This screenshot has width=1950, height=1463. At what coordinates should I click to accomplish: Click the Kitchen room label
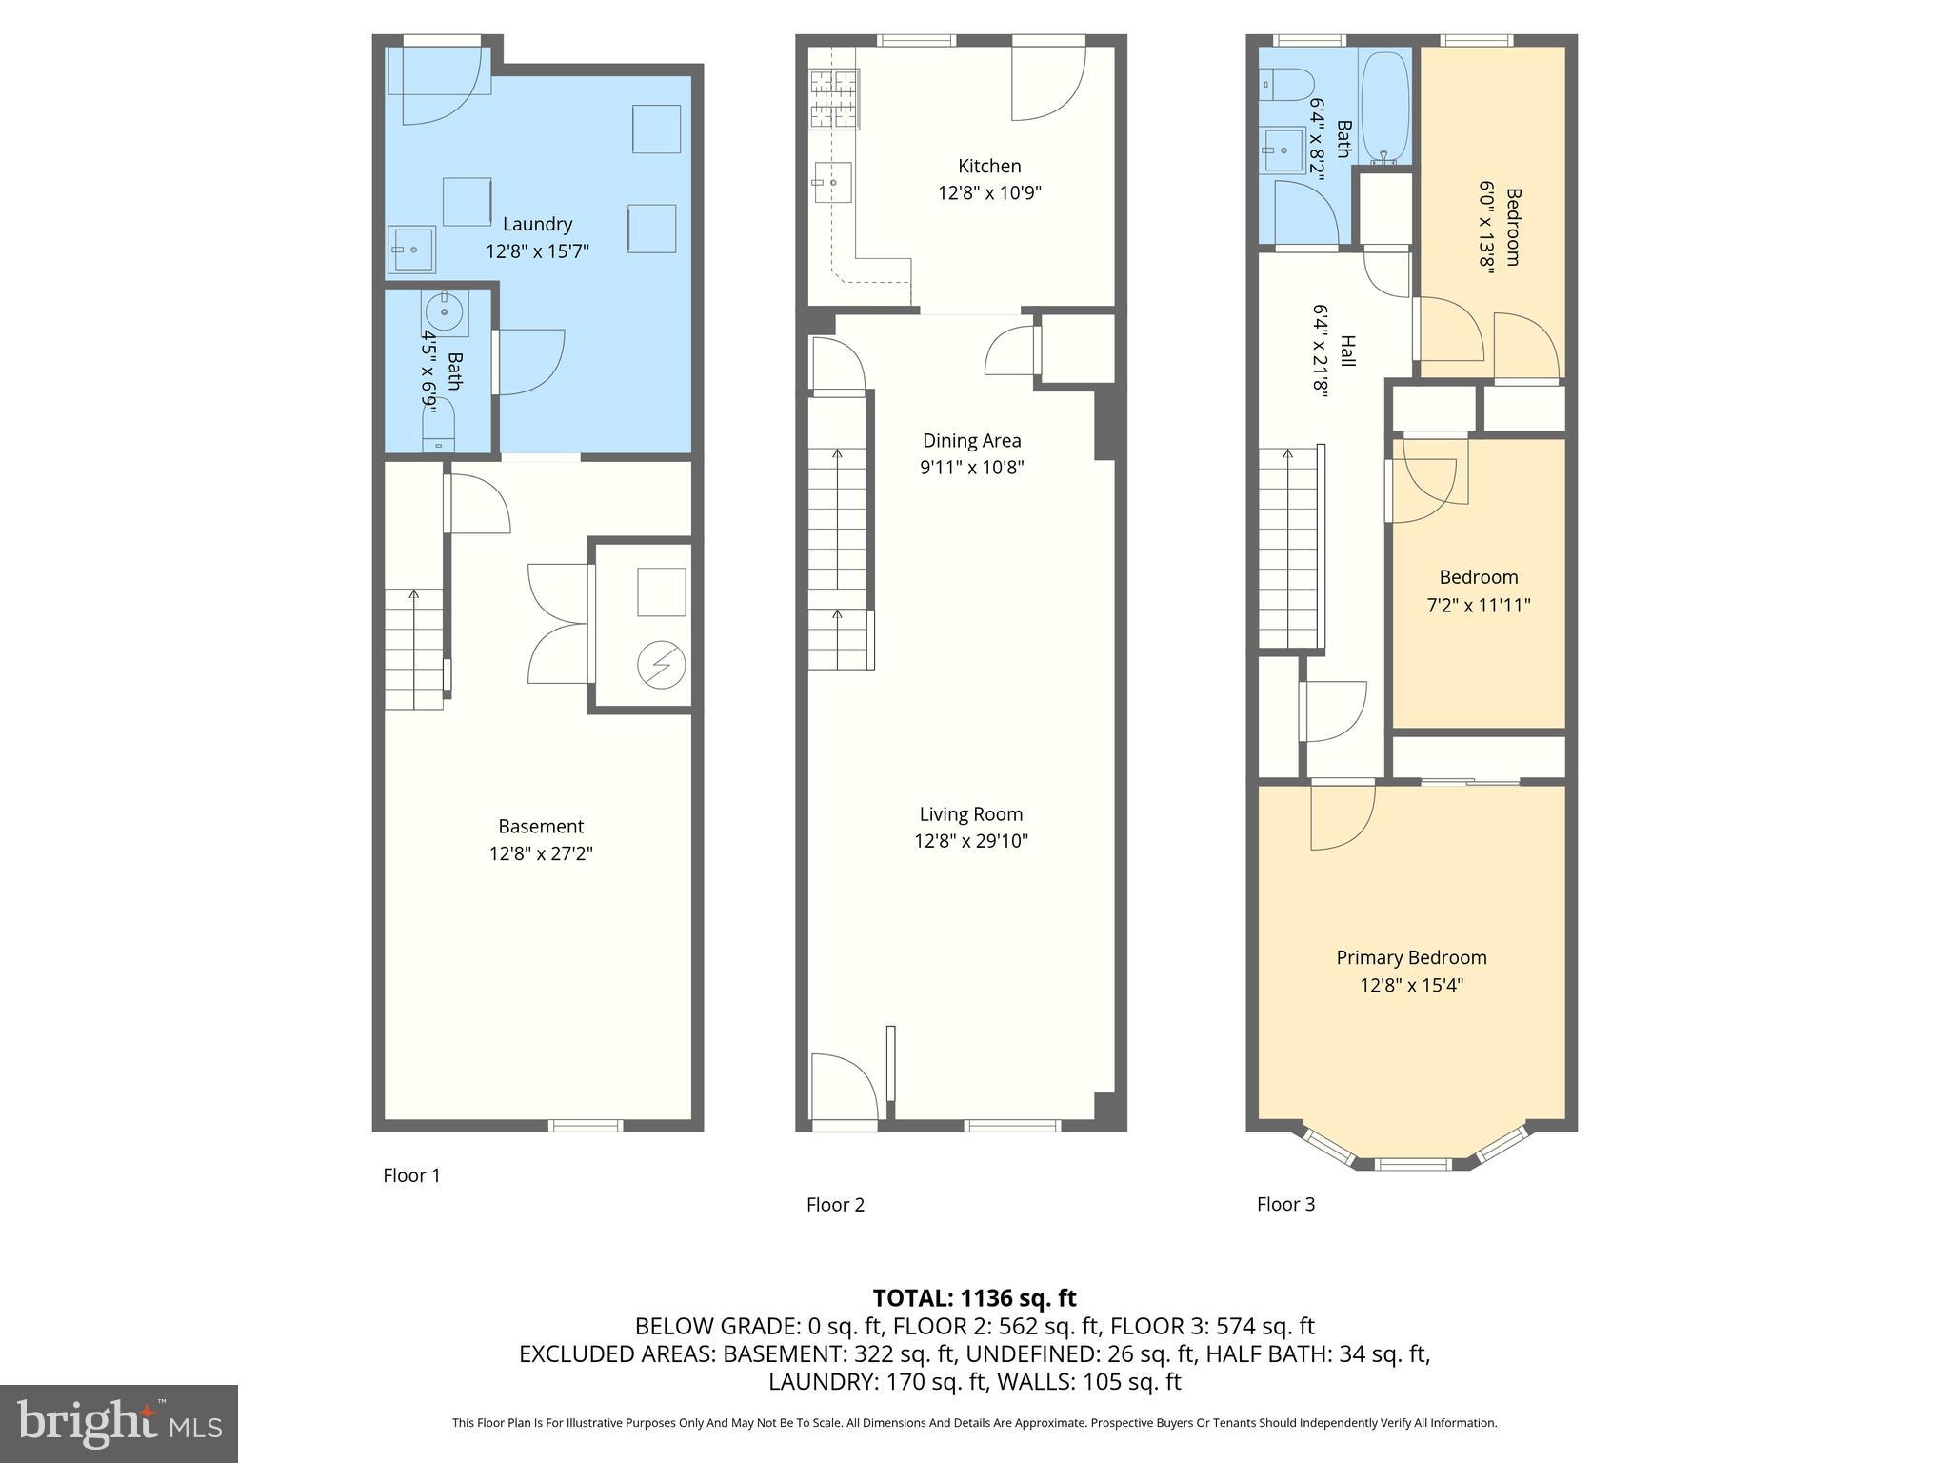click(989, 167)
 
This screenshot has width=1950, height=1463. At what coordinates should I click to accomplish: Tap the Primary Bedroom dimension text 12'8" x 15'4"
click(1411, 985)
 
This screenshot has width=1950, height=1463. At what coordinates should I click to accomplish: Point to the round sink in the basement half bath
click(445, 311)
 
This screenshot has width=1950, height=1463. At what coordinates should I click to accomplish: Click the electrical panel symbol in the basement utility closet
click(661, 665)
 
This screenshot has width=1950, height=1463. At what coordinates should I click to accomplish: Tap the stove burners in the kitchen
click(834, 98)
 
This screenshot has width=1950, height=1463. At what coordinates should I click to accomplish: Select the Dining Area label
click(971, 441)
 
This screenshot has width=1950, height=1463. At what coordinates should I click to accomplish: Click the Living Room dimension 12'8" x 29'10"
click(971, 841)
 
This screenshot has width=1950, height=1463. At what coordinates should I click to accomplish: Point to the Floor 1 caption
click(411, 1175)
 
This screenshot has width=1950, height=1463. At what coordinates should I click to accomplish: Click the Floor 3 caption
click(1285, 1204)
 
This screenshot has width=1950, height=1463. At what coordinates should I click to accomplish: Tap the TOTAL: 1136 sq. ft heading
click(974, 1298)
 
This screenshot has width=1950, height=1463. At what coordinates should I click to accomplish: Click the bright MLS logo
click(119, 1424)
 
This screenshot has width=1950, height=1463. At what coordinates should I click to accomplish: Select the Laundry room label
click(537, 224)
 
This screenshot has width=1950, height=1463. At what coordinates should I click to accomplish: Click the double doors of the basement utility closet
click(558, 624)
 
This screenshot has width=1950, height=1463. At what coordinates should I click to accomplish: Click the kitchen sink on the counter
click(831, 182)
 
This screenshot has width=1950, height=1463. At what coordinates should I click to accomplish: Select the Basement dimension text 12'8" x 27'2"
click(541, 853)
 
